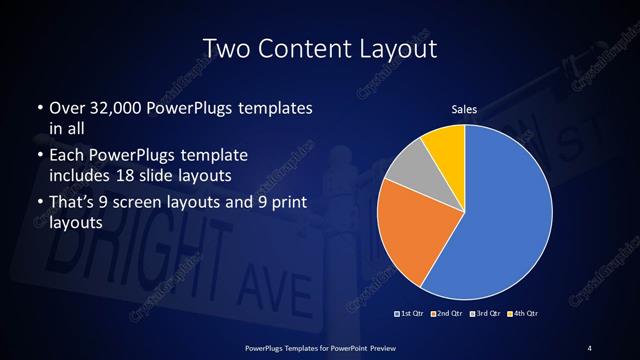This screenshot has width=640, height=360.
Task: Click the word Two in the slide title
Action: coord(223,47)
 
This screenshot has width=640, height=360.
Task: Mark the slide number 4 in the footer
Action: coord(590,347)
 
